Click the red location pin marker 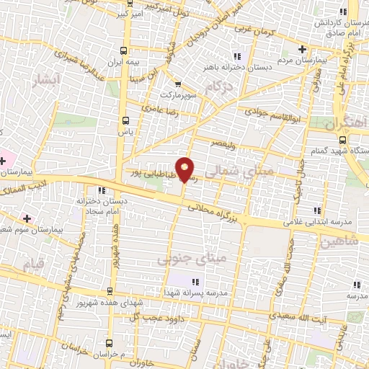click(x=185, y=169)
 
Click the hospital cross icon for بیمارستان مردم click(x=303, y=49)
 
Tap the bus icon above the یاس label click(x=127, y=120)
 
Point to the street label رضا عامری click(x=159, y=107)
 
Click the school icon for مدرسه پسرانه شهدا click(x=195, y=281)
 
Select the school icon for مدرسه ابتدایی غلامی click(x=317, y=210)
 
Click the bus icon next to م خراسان click(x=110, y=343)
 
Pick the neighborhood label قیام click(x=25, y=267)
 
